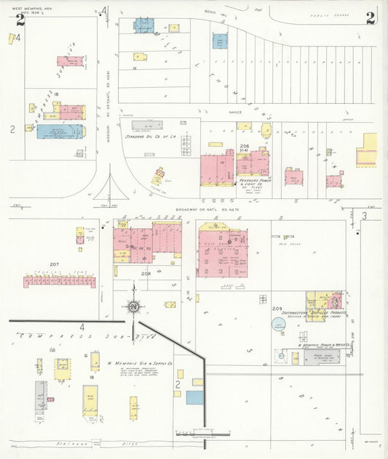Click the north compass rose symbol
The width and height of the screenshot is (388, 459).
[134, 306]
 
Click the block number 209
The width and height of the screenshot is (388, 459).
[277, 309]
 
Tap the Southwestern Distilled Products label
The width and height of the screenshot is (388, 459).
[322, 314]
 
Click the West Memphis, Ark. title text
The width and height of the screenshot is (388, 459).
[23, 7]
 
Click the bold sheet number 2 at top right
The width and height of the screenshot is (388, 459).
[371, 18]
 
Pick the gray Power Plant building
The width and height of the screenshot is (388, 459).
[317, 357]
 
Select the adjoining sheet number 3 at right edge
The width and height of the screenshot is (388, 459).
[363, 216]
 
